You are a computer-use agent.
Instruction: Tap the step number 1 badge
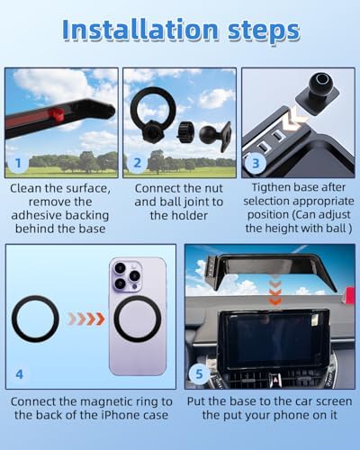pyautogui.click(x=18, y=163)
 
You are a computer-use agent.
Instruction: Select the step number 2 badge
pyautogui.click(x=137, y=163)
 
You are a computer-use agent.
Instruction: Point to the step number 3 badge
pyautogui.click(x=256, y=163)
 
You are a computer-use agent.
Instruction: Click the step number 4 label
pyautogui.click(x=19, y=374)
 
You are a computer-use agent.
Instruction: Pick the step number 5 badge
pyautogui.click(x=199, y=373)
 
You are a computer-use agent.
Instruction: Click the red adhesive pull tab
pyautogui.click(x=56, y=114)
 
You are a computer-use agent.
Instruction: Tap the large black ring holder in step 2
pyautogui.click(x=149, y=110)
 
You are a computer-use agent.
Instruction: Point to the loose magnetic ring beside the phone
pyautogui.click(x=35, y=319)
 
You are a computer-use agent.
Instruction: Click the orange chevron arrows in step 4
pyautogui.click(x=86, y=319)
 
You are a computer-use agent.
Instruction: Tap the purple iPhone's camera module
pyautogui.click(x=127, y=276)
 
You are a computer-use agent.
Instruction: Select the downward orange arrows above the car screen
pyautogui.click(x=275, y=292)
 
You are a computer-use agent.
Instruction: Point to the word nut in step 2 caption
pyautogui.click(x=212, y=188)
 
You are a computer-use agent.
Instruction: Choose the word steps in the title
pyautogui.click(x=264, y=31)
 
